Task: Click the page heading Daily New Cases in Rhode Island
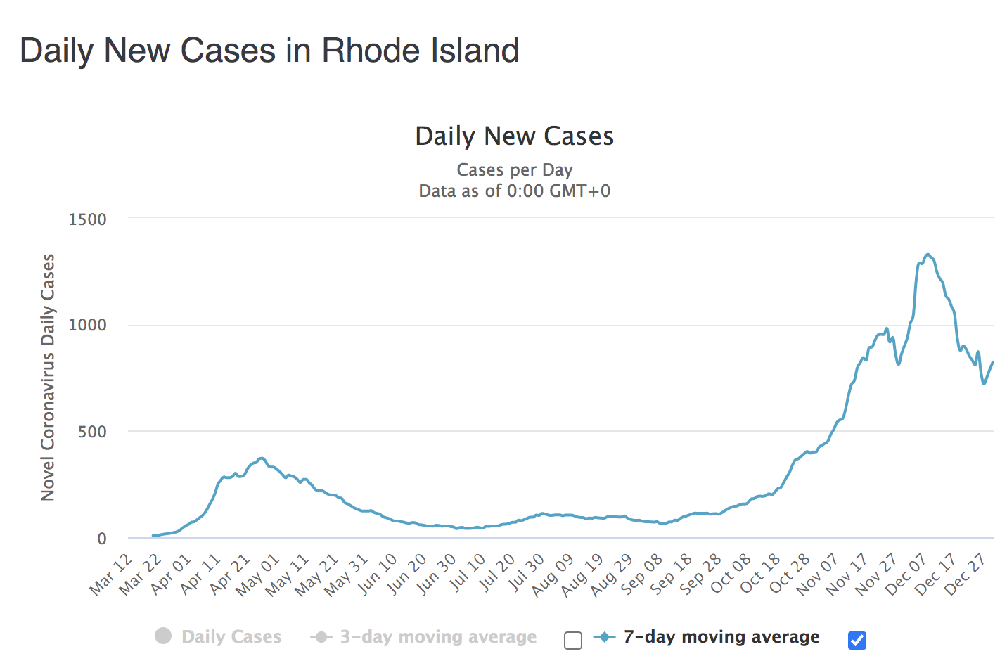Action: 269,51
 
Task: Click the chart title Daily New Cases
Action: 514,136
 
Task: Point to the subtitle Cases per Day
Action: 514,170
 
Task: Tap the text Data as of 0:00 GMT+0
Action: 514,191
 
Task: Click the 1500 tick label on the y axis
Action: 87,219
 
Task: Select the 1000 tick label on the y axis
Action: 87,325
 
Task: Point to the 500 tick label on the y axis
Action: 92,432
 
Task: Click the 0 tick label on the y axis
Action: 102,539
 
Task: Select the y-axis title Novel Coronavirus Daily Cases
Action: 48,378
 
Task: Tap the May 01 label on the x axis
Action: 259,575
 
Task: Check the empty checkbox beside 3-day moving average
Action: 573,641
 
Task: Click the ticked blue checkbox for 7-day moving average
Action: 857,641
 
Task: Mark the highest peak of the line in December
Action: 928,255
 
